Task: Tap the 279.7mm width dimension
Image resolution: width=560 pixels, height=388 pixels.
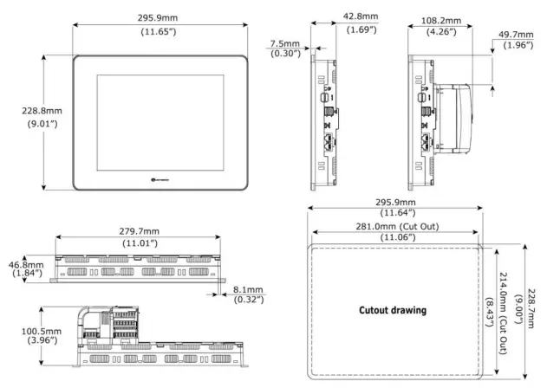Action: pos(139,231)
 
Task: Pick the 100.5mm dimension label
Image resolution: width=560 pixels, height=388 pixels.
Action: pos(40,332)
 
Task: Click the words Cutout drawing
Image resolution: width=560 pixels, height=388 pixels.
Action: pos(393,310)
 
